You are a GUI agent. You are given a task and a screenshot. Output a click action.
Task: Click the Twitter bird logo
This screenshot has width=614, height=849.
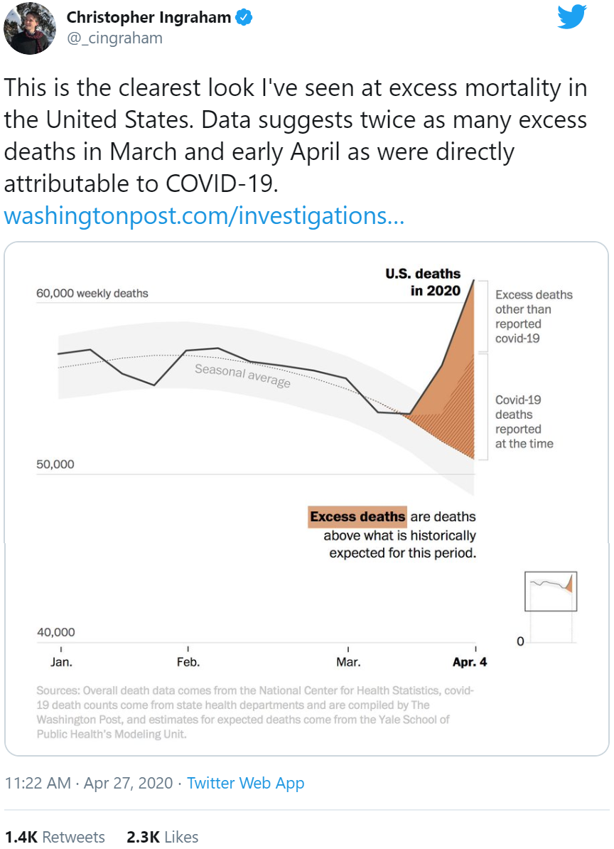click(572, 17)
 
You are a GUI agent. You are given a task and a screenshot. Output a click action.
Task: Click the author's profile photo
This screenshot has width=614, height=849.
click(30, 28)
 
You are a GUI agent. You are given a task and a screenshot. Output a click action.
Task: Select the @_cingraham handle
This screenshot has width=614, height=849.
click(114, 38)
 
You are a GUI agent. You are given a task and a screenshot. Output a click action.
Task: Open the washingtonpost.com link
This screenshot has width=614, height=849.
click(204, 215)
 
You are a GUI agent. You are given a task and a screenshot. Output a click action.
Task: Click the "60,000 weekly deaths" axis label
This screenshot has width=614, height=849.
click(92, 293)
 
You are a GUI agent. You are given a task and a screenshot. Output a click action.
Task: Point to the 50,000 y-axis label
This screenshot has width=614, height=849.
click(55, 464)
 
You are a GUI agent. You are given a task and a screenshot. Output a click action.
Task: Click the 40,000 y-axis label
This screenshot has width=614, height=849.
click(55, 632)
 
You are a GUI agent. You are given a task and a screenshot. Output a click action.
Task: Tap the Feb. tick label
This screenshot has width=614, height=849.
click(188, 662)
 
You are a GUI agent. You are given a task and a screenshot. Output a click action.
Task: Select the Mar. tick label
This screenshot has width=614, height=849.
click(348, 662)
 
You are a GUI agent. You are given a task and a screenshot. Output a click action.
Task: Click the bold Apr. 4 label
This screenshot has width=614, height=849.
click(470, 662)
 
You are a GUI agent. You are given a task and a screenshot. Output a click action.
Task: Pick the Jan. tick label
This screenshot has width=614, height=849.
click(61, 662)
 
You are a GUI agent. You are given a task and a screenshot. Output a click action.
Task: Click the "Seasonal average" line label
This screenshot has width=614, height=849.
click(242, 375)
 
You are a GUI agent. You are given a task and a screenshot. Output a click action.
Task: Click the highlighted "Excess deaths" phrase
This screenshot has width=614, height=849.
click(357, 517)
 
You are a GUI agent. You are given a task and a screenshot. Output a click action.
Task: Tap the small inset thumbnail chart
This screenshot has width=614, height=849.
click(551, 591)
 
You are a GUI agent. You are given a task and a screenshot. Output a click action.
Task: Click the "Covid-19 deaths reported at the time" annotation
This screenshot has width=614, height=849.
click(524, 422)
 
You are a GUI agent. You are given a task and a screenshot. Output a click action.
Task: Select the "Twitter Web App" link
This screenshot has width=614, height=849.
click(246, 783)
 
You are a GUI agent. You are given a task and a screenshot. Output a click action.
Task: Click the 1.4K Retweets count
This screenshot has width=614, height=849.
click(55, 837)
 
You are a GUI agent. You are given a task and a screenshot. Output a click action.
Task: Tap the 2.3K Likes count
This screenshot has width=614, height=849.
click(162, 837)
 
